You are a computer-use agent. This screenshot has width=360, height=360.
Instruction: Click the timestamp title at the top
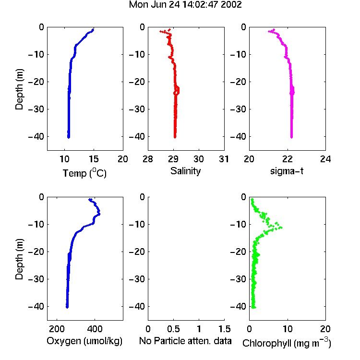pos(185,5)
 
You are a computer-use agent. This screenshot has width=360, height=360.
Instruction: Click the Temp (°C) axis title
pos(84,173)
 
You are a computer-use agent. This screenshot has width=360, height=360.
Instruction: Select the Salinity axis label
pos(185,171)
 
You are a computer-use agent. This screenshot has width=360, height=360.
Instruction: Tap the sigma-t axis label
pos(287,171)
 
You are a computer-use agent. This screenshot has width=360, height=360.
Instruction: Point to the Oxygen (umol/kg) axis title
pos(84,341)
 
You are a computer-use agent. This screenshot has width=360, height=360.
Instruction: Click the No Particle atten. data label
pos(185,341)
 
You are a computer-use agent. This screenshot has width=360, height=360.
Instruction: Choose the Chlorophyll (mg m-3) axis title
pos(287,343)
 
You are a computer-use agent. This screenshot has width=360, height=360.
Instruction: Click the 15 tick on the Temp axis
pos(94,159)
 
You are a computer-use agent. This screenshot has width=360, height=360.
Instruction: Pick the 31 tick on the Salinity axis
pos(224,159)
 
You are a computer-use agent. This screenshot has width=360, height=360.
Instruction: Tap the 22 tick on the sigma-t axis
pos(287,159)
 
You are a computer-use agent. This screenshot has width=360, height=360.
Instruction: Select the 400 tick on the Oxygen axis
pos(95,329)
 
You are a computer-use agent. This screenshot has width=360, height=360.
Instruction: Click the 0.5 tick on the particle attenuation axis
pos(173,329)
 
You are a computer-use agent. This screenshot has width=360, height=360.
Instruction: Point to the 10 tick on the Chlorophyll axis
pos(288,329)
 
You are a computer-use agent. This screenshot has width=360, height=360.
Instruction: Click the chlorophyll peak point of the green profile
pos(281,228)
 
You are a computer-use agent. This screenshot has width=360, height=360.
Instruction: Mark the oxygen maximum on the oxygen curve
pos(99,214)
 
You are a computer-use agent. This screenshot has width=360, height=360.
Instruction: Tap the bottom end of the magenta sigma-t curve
pos(291,137)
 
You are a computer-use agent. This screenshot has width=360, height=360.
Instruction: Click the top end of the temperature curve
pos(93,29)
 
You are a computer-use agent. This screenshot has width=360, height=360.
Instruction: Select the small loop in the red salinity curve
pos(177,91)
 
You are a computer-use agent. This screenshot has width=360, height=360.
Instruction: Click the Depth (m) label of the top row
pos(19,89)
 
